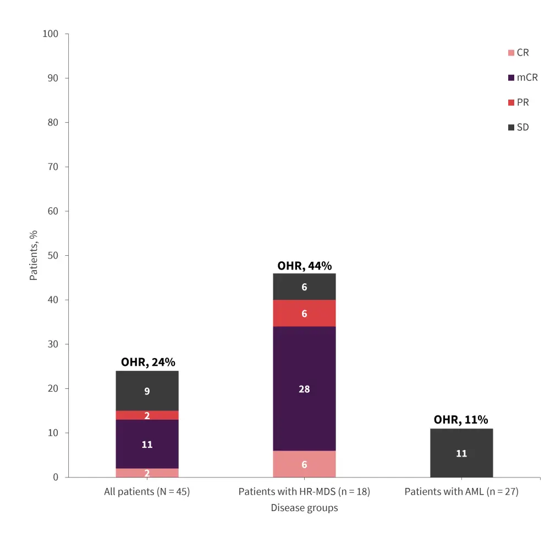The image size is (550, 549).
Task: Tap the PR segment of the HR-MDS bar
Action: [304, 313]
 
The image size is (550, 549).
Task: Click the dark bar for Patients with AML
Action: [461, 453]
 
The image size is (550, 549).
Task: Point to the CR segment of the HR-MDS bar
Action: [304, 464]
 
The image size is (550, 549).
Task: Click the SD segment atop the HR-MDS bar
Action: [304, 287]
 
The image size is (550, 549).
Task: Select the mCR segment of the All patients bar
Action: [147, 443]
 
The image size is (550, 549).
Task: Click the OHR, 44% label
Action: [304, 266]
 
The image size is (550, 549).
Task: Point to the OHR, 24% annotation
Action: [148, 362]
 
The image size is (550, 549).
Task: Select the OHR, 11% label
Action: [461, 420]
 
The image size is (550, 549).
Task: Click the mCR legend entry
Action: [522, 78]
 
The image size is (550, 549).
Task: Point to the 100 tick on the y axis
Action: [51, 34]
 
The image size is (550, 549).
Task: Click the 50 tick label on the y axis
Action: [53, 256]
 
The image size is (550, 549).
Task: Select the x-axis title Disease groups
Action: [304, 508]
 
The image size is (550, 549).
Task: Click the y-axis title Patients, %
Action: [34, 255]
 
